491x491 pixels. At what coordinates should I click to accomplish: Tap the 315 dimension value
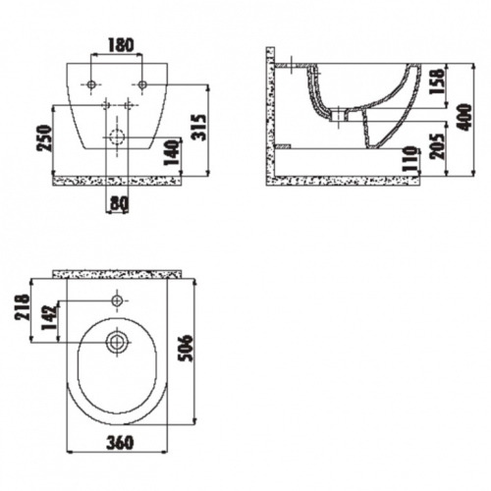[x=199, y=128]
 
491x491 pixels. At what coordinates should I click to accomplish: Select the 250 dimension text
[x=45, y=137]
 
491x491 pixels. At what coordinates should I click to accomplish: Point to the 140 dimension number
[x=172, y=152]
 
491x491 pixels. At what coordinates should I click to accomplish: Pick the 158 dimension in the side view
[x=437, y=82]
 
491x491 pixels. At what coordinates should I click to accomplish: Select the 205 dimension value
[x=437, y=146]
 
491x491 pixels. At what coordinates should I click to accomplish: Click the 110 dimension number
[x=410, y=159]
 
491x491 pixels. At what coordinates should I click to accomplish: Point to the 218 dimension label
[x=23, y=307]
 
